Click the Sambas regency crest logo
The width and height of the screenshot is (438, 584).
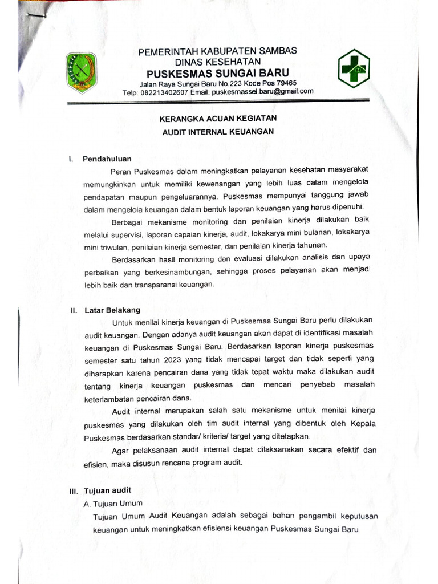pos(83,72)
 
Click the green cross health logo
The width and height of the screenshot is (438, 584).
pos(353,68)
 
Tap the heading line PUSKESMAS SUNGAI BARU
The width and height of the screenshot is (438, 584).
pos(218,72)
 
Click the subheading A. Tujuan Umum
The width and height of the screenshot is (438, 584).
pos(113,503)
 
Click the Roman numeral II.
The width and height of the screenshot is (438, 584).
pos(74,311)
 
